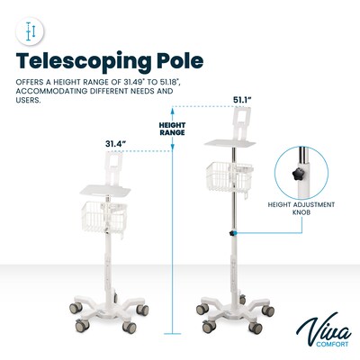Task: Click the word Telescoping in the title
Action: [x=84, y=62]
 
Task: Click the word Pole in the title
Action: [x=180, y=60]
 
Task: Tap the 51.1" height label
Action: [x=243, y=100]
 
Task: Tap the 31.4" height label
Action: [x=115, y=144]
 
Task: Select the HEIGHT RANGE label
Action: [x=172, y=129]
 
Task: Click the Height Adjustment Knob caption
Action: [x=301, y=209]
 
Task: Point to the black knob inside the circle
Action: [x=297, y=174]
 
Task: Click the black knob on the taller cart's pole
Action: [x=232, y=233]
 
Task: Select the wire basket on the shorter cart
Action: [x=104, y=217]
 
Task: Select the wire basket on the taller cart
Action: [x=229, y=177]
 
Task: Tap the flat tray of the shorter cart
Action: [x=105, y=191]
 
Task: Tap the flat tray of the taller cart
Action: [x=229, y=143]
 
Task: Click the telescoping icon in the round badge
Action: [x=31, y=31]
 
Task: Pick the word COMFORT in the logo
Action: [x=332, y=344]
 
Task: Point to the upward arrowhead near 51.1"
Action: [x=173, y=111]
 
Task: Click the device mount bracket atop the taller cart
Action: [x=241, y=123]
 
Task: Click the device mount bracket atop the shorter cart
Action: [x=113, y=168]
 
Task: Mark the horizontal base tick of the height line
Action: [x=173, y=334]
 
